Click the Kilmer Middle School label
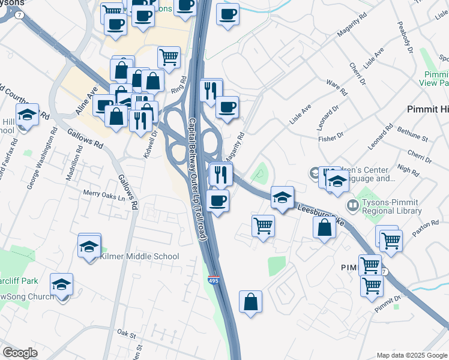[139, 256]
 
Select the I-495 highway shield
[213, 280]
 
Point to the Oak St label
[127, 332]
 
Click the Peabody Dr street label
[405, 37]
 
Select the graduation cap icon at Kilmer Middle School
[89, 246]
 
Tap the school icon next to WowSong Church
[61, 284]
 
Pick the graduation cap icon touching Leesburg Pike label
[282, 197]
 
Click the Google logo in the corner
[20, 353]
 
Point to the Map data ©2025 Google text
[412, 355]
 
